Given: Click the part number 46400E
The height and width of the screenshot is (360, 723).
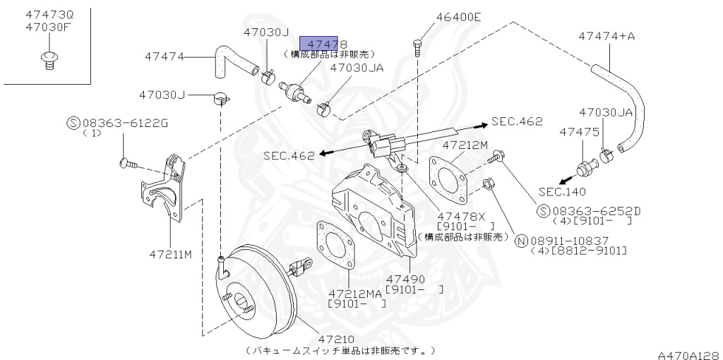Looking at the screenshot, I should click(458, 18).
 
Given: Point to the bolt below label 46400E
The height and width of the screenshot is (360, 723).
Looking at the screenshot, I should click(417, 47).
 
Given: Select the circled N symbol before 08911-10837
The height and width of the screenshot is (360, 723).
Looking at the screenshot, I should click(522, 241).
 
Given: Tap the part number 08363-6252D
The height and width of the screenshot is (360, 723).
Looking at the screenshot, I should click(597, 210).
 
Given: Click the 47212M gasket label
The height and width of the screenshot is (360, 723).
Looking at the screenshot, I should click(465, 145).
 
